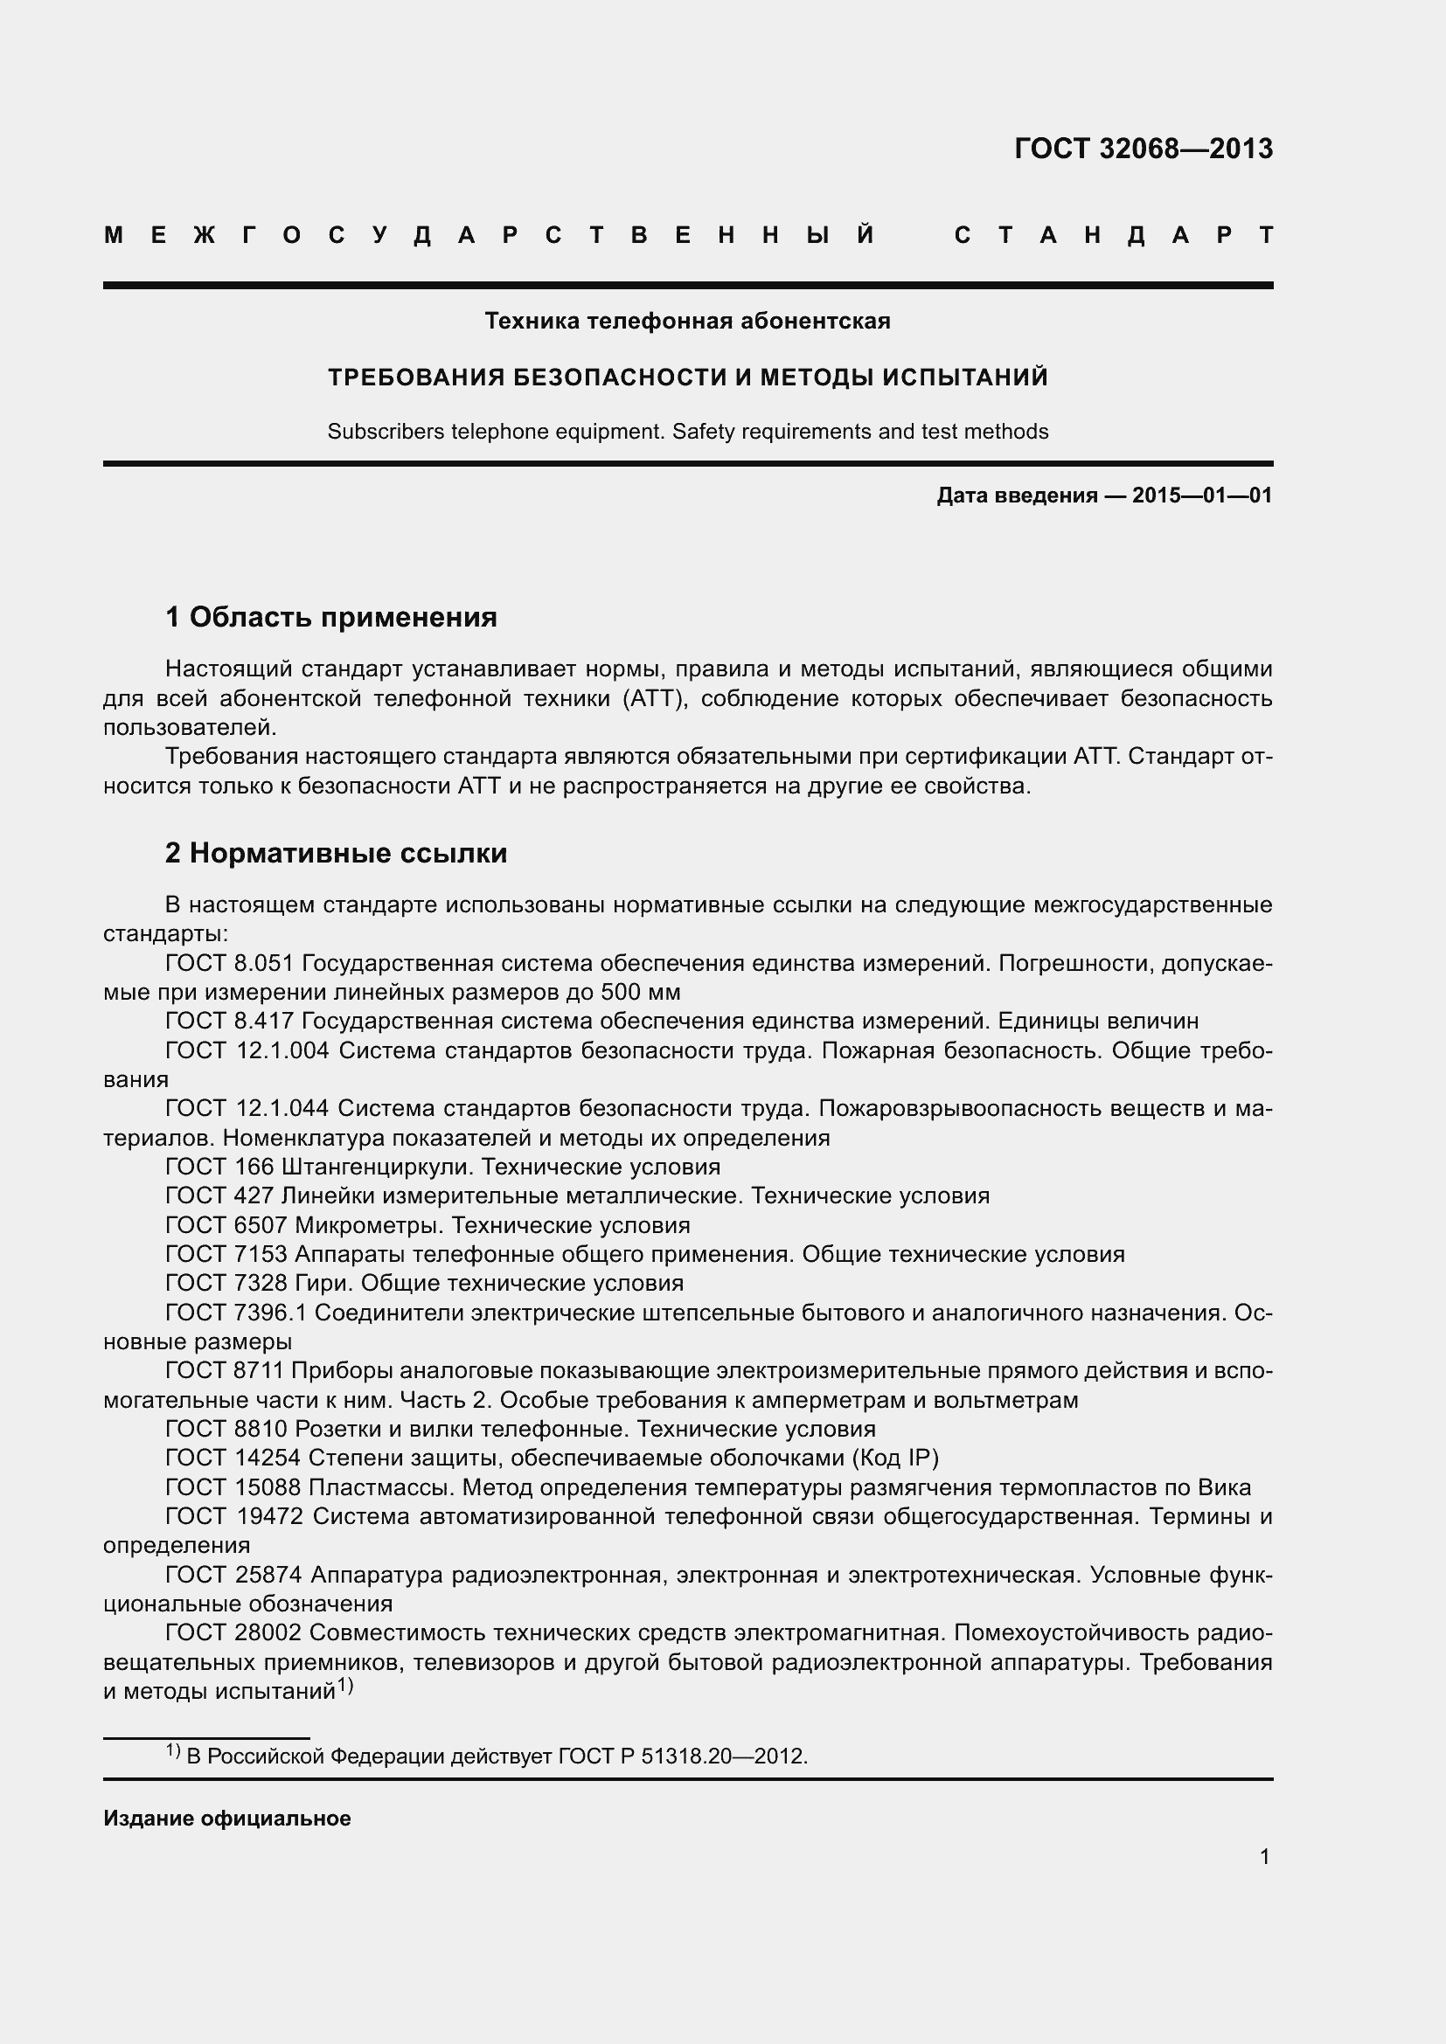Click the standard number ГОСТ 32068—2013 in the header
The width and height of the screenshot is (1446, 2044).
1144,149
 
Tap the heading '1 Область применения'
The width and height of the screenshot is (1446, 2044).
330,617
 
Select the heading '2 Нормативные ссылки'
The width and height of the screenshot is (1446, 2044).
336,853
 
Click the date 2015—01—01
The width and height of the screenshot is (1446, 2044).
1202,495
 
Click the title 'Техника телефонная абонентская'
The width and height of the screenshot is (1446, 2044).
687,321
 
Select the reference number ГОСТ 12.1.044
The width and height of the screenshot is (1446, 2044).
247,1108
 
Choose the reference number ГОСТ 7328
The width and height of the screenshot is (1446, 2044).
226,1284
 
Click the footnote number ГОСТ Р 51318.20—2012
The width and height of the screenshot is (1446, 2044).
682,1756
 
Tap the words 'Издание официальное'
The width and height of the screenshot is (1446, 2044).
227,1819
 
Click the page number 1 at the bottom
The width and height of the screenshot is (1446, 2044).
1264,1857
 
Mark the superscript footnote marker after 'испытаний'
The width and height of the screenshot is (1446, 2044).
345,1685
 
